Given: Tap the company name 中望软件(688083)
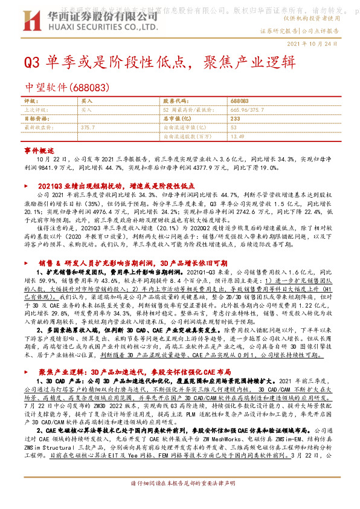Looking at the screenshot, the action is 66,88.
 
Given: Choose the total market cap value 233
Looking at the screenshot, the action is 236,119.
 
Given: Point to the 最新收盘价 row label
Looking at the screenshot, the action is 36,128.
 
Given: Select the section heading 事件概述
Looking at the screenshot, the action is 34,149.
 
